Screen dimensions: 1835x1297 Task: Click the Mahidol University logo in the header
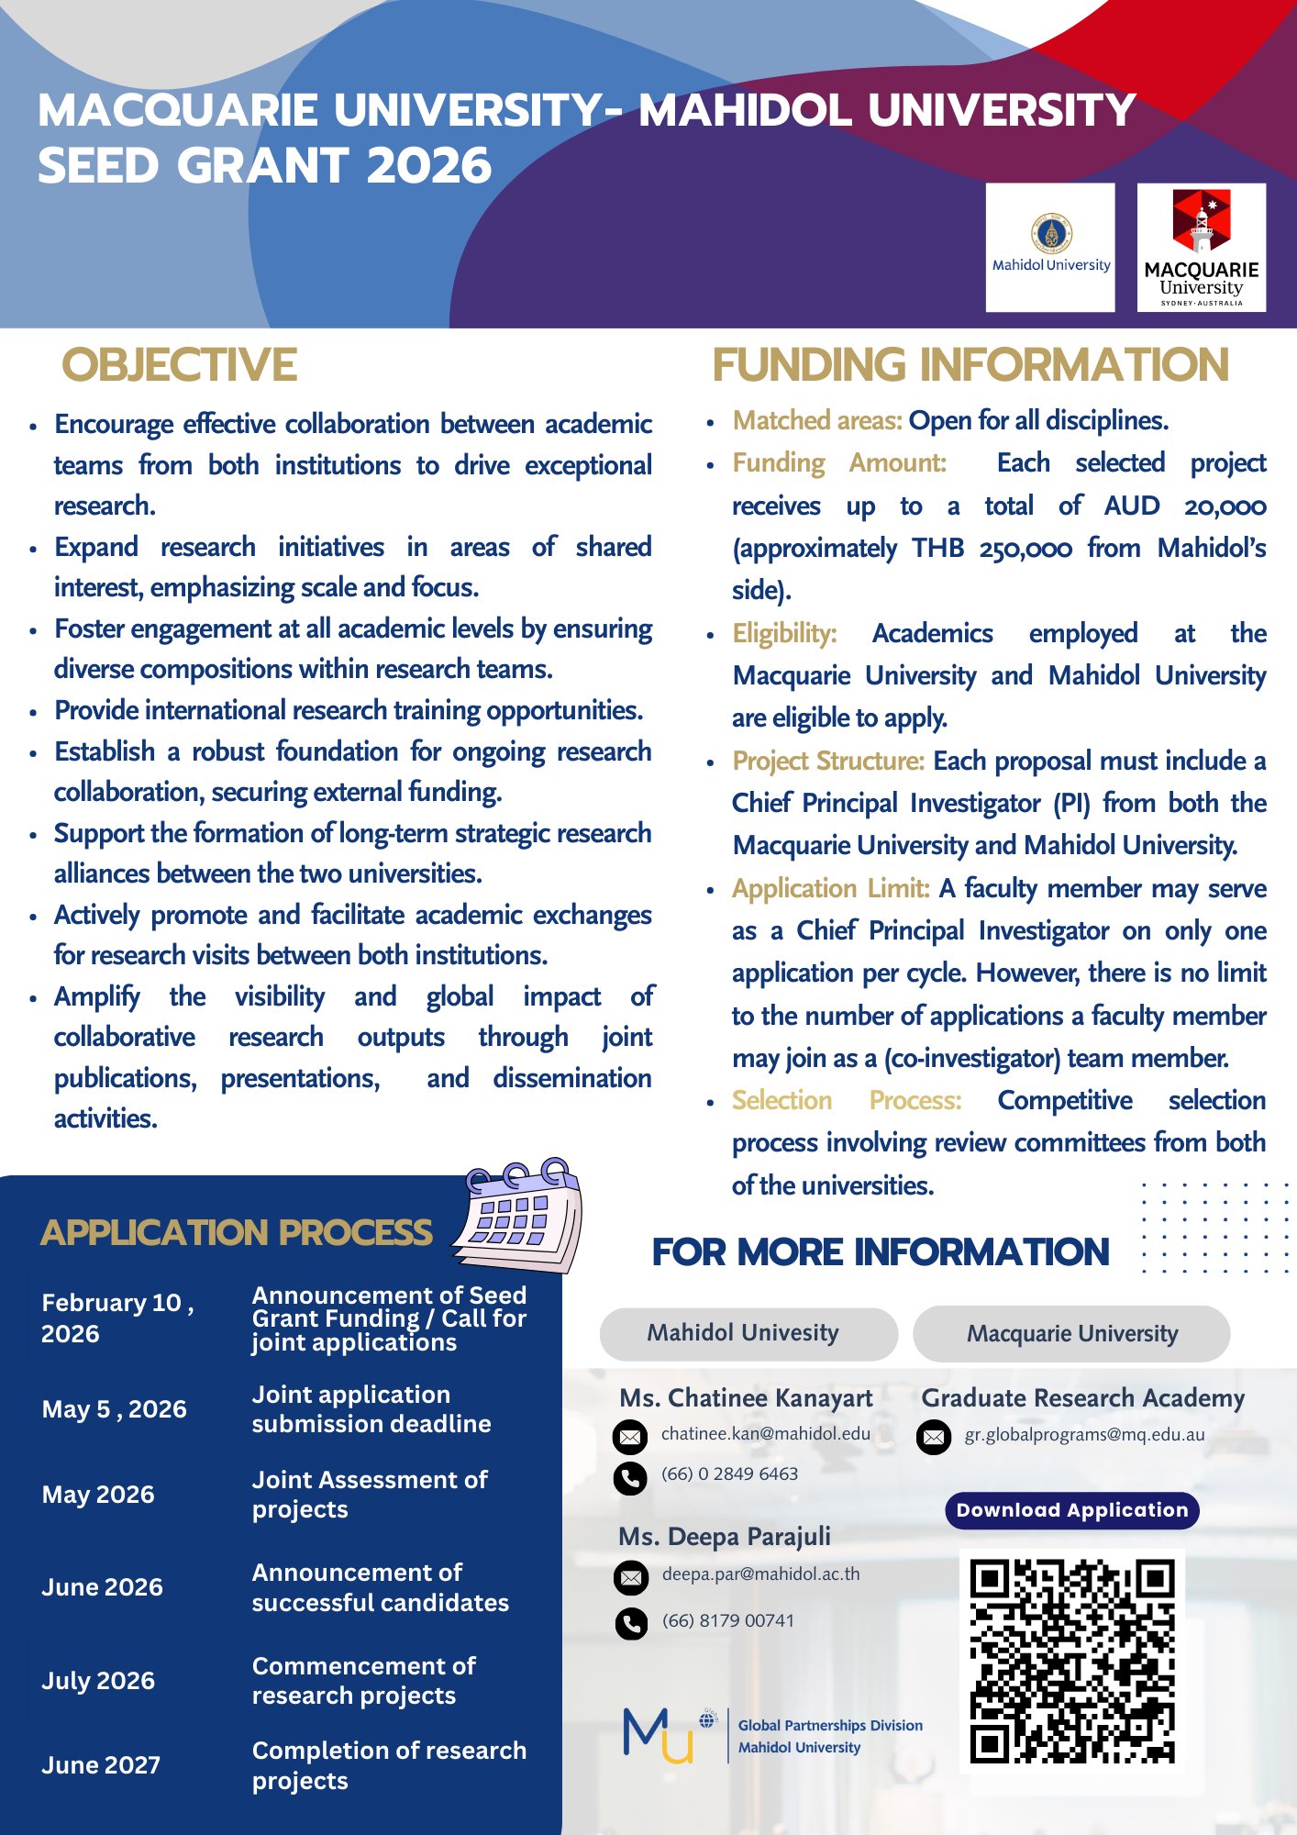point(1050,247)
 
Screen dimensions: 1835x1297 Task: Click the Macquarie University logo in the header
point(1202,247)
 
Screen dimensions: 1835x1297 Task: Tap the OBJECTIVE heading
point(180,365)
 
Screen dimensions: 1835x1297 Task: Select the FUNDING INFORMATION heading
point(970,365)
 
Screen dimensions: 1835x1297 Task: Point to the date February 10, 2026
point(117,1318)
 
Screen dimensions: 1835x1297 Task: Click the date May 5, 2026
point(115,1409)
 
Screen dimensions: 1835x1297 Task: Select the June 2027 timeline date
point(101,1765)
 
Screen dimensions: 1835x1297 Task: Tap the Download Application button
point(1072,1510)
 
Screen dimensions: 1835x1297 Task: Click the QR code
point(1072,1661)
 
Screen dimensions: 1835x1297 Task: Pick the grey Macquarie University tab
point(1071,1334)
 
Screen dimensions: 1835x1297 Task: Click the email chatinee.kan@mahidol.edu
point(766,1434)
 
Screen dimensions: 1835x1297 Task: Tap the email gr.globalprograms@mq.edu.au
point(1084,1435)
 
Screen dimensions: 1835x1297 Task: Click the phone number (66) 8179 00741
point(728,1620)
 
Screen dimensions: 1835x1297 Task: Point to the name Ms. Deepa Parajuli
point(725,1536)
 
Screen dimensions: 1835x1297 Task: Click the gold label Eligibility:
point(784,633)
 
